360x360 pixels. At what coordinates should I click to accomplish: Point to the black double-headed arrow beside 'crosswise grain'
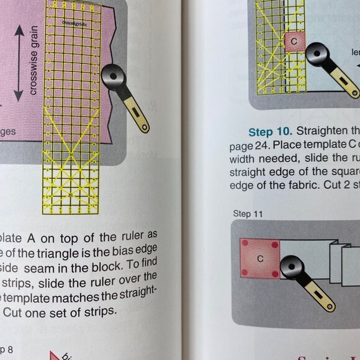click(19, 62)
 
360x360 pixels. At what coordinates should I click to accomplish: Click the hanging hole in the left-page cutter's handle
click(143, 128)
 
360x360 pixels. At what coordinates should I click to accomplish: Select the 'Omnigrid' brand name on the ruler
click(74, 22)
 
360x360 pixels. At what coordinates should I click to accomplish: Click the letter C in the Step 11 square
click(260, 258)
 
